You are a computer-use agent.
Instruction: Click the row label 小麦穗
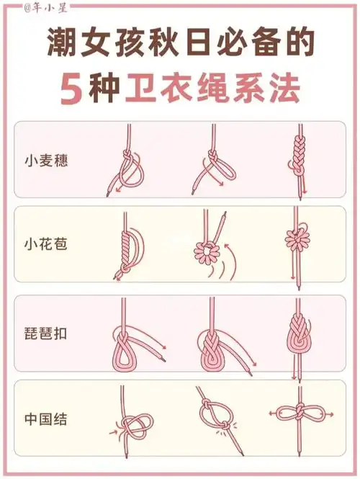45,159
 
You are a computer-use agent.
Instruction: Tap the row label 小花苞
45,245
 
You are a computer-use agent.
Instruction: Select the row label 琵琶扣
45,336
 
